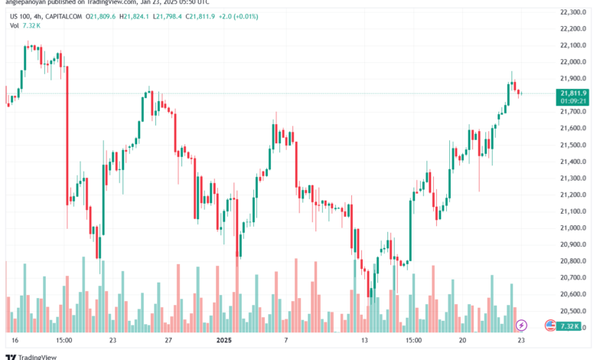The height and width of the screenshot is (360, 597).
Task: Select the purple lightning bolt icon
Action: [522, 326]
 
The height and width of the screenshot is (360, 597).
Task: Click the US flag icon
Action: [550, 326]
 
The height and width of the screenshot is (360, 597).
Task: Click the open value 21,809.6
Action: [103, 15]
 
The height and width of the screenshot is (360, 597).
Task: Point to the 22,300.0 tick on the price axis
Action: [573, 11]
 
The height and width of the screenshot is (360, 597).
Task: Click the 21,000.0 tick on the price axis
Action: [573, 227]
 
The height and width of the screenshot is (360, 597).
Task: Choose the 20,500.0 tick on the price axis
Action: [573, 311]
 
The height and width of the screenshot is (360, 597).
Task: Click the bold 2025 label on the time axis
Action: [223, 339]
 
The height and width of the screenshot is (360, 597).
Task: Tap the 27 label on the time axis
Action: [168, 339]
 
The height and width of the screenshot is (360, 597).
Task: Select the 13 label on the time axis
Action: [365, 339]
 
